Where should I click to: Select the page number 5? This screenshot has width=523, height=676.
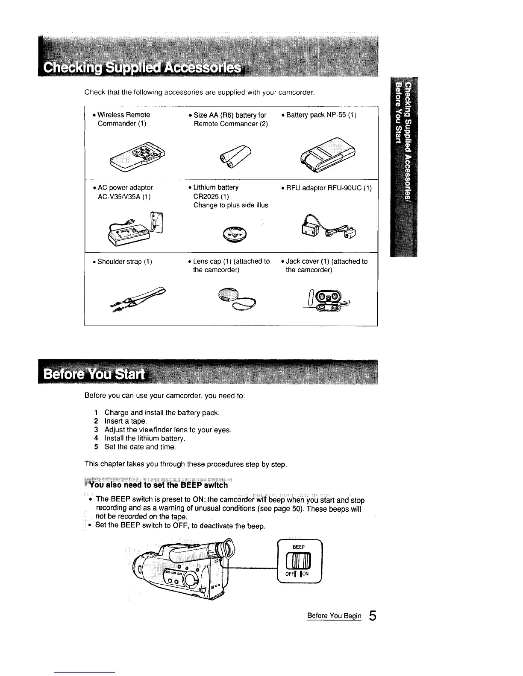click(373, 617)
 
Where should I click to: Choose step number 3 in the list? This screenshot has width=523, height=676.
click(97, 430)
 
